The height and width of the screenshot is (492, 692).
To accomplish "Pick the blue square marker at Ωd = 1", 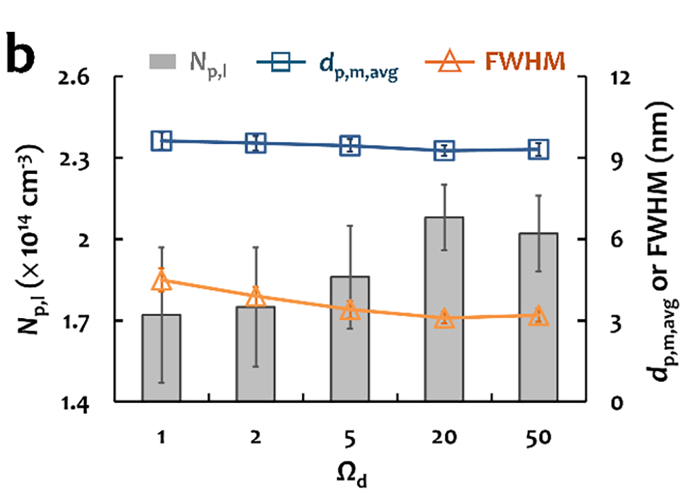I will (162, 141).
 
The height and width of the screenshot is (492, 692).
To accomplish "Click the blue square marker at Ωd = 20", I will (444, 151).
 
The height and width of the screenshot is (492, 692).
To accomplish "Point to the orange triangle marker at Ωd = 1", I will (162, 281).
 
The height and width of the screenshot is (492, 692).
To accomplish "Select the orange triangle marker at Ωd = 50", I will (537, 316).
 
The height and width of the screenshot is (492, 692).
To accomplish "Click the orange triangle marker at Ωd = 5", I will (351, 309).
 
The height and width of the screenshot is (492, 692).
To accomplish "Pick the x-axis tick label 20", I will (444, 438).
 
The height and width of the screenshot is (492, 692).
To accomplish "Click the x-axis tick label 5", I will (351, 438).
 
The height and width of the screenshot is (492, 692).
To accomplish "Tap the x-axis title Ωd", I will (350, 474).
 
